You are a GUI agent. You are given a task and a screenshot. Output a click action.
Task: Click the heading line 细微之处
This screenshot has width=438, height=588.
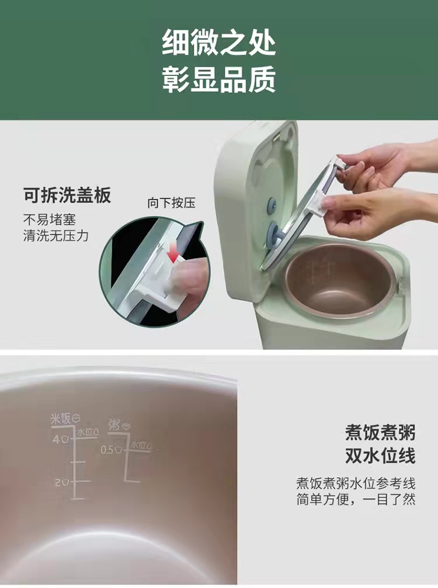tap(219, 43)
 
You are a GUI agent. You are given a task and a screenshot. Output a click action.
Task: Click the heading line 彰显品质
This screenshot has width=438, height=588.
tap(219, 79)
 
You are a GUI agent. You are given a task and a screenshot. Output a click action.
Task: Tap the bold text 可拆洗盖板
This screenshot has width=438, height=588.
tap(68, 195)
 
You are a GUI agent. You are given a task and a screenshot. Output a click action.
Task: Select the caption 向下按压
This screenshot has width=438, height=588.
tap(171, 203)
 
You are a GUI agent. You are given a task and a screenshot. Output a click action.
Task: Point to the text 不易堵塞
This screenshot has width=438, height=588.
tap(50, 220)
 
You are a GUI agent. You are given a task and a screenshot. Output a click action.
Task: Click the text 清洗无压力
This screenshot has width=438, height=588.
tap(56, 236)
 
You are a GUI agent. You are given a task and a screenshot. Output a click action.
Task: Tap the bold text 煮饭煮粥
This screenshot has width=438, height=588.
tap(380, 433)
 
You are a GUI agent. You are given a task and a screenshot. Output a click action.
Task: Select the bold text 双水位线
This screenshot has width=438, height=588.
tap(380, 456)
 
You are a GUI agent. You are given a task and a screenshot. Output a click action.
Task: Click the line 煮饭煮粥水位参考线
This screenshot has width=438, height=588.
tap(356, 483)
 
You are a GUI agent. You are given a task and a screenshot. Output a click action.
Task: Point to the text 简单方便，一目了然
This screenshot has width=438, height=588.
tap(356, 499)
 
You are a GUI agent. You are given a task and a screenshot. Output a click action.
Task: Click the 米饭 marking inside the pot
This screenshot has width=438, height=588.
tap(61, 419)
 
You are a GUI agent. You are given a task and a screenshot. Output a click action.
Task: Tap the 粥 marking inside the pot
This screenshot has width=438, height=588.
tap(114, 425)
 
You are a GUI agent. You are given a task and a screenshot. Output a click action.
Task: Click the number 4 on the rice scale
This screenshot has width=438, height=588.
tap(56, 439)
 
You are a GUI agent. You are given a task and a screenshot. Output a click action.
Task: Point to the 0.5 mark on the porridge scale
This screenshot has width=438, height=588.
tap(106, 449)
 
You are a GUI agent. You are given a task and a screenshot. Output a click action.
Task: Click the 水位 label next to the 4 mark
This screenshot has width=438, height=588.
tap(85, 432)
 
